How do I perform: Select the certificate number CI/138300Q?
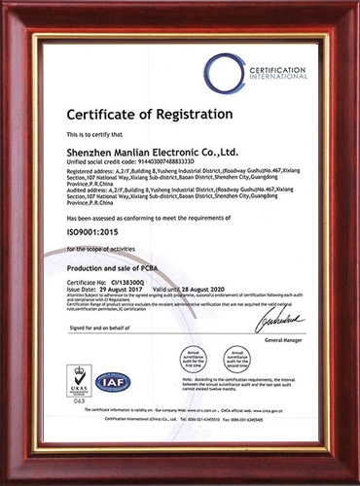[131, 281]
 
